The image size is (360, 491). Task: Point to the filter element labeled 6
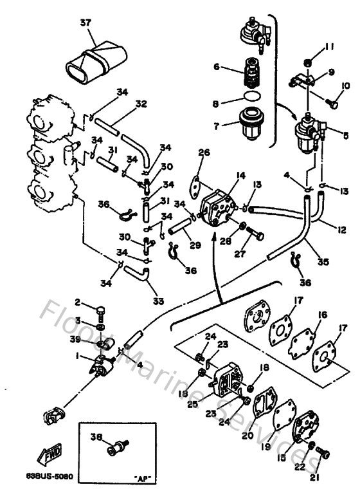click(x=249, y=72)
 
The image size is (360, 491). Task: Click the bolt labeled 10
click(x=333, y=101)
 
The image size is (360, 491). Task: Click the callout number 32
click(x=141, y=104)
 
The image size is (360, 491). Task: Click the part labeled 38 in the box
click(x=118, y=446)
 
